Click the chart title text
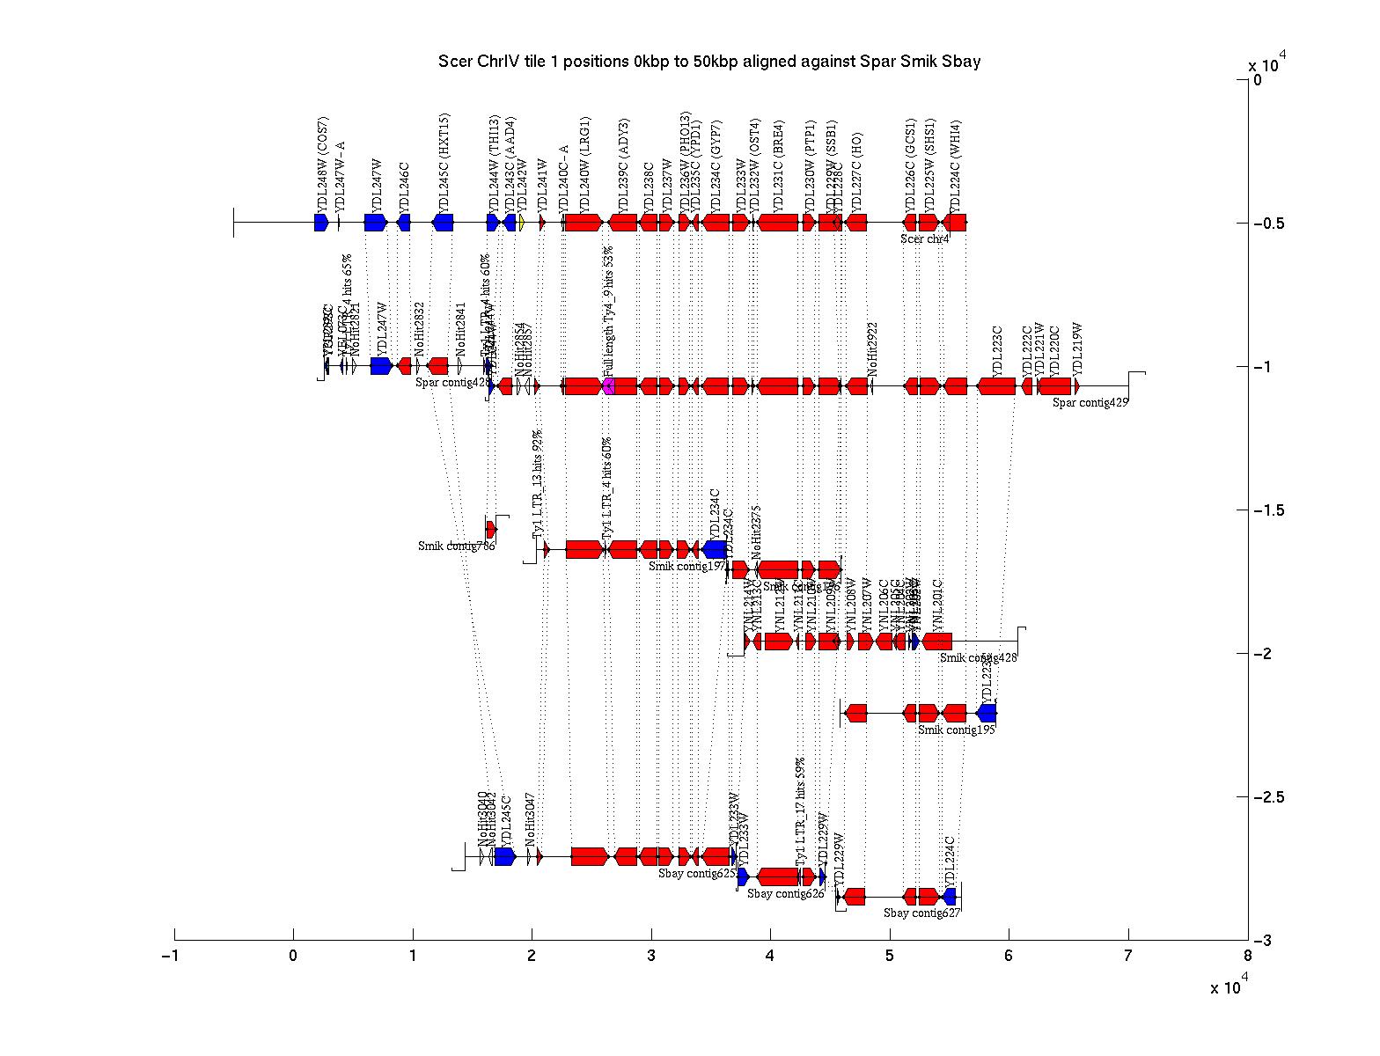point(708,62)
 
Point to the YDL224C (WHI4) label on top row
point(956,164)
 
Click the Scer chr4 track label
point(924,238)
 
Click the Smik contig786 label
point(456,546)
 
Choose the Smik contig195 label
point(956,730)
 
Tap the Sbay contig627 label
point(921,913)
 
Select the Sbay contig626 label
point(785,894)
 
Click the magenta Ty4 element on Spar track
point(608,386)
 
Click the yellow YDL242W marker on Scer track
point(521,223)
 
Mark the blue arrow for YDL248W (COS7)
point(321,223)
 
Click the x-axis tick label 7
point(1128,957)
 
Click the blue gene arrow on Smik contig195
point(987,713)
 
